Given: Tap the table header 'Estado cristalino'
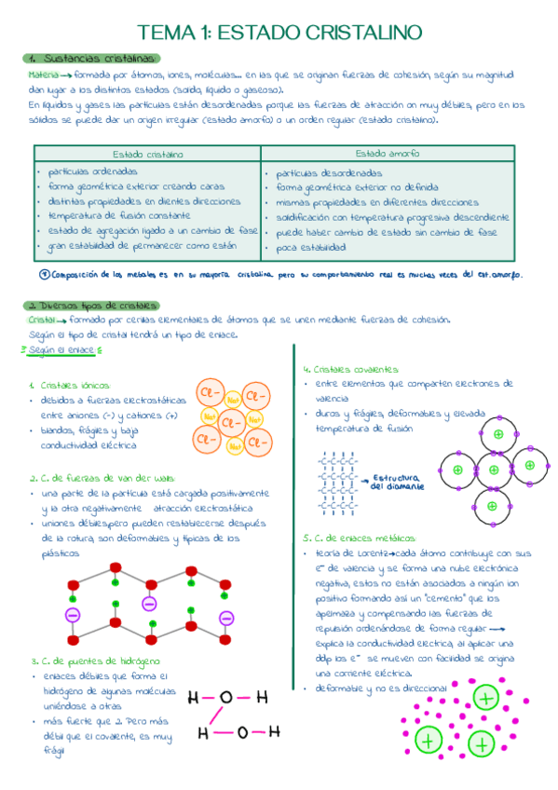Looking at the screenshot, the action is [147, 154].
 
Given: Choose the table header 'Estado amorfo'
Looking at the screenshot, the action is [387, 153].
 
